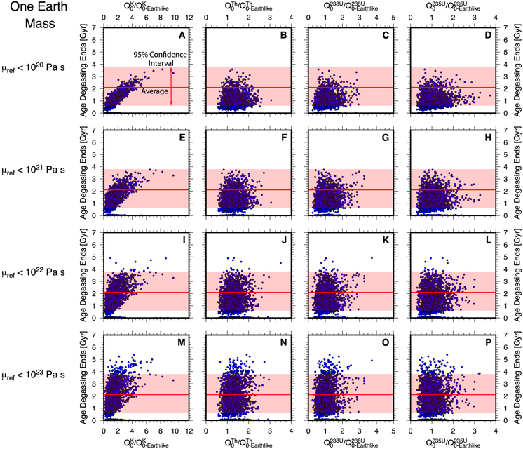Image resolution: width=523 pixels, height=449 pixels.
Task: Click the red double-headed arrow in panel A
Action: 171,87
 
